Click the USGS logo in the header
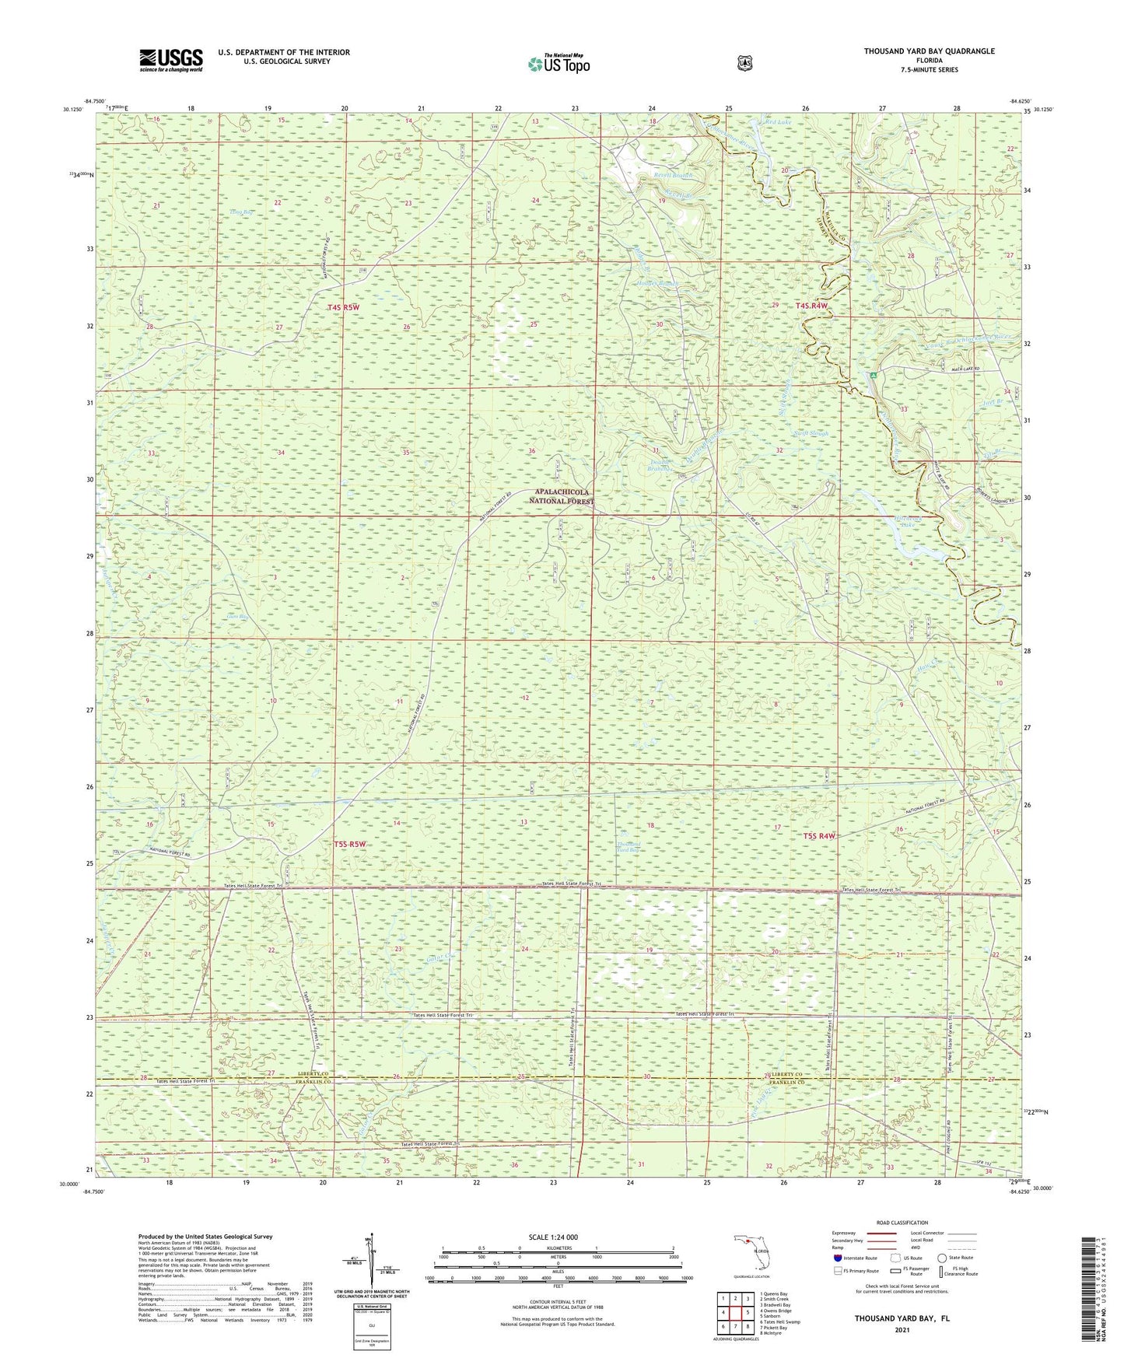170,60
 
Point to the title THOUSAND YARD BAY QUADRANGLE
929,51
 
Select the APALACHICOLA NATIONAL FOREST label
560,497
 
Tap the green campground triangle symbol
874,376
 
